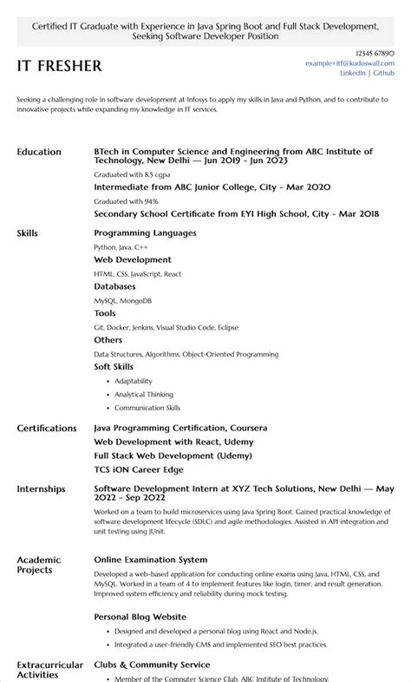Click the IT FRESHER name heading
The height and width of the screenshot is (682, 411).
tap(59, 66)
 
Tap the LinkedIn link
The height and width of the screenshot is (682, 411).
tap(353, 74)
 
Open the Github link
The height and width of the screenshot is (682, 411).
tap(384, 74)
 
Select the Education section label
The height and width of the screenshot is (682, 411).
tap(39, 152)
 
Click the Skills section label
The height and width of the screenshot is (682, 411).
tap(28, 233)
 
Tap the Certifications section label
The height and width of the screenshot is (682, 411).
tap(47, 428)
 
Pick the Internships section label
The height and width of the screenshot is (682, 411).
tap(41, 489)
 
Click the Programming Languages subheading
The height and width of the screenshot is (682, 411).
tap(145, 233)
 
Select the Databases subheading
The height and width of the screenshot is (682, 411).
tap(114, 286)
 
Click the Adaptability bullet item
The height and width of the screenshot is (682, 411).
tap(134, 381)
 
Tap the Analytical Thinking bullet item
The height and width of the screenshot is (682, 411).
tap(144, 394)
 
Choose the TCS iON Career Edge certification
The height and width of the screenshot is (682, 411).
tap(139, 469)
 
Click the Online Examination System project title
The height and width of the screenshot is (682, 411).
tap(151, 560)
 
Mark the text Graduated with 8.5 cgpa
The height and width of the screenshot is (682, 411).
tap(125, 174)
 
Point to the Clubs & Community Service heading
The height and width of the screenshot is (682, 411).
tap(152, 665)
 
